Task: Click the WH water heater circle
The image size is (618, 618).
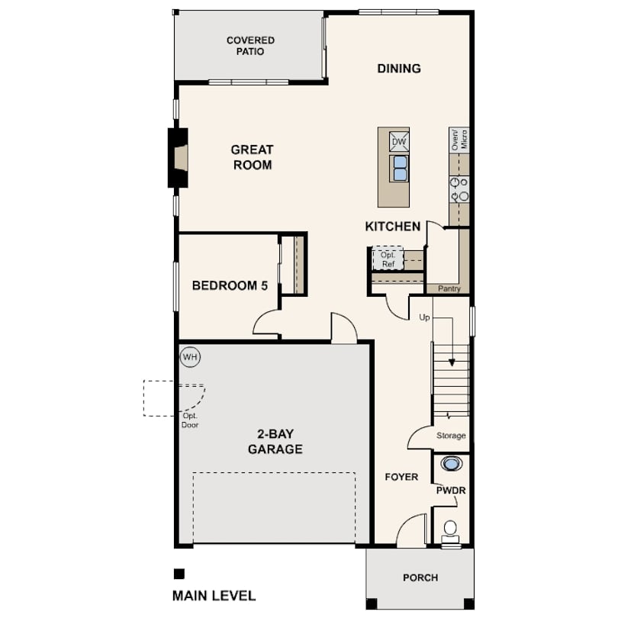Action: coord(191,357)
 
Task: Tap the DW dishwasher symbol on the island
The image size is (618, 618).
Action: coord(399,141)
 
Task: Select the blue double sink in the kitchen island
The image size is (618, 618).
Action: coord(399,169)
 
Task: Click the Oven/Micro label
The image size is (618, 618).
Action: coord(459,139)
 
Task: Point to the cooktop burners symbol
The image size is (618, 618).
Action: coord(459,189)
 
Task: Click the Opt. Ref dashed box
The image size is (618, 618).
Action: coord(388,259)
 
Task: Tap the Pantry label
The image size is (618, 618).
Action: coord(449,288)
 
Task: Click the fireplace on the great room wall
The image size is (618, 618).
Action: coord(178,158)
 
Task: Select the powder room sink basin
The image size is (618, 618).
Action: coord(451,464)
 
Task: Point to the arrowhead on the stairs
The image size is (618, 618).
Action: coord(452,362)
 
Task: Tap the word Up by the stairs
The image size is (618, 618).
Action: coord(424,317)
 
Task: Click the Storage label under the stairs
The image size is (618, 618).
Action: coord(451,436)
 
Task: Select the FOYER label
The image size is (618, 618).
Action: coord(401,477)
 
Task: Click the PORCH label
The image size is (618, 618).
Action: coord(420,578)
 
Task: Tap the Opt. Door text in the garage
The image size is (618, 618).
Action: coord(190,420)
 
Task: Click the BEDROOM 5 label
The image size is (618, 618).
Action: coord(230,285)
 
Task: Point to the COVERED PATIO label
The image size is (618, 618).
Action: coord(250,46)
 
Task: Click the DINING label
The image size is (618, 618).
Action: coord(399,69)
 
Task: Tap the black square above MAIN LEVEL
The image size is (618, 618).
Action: coord(179,574)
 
